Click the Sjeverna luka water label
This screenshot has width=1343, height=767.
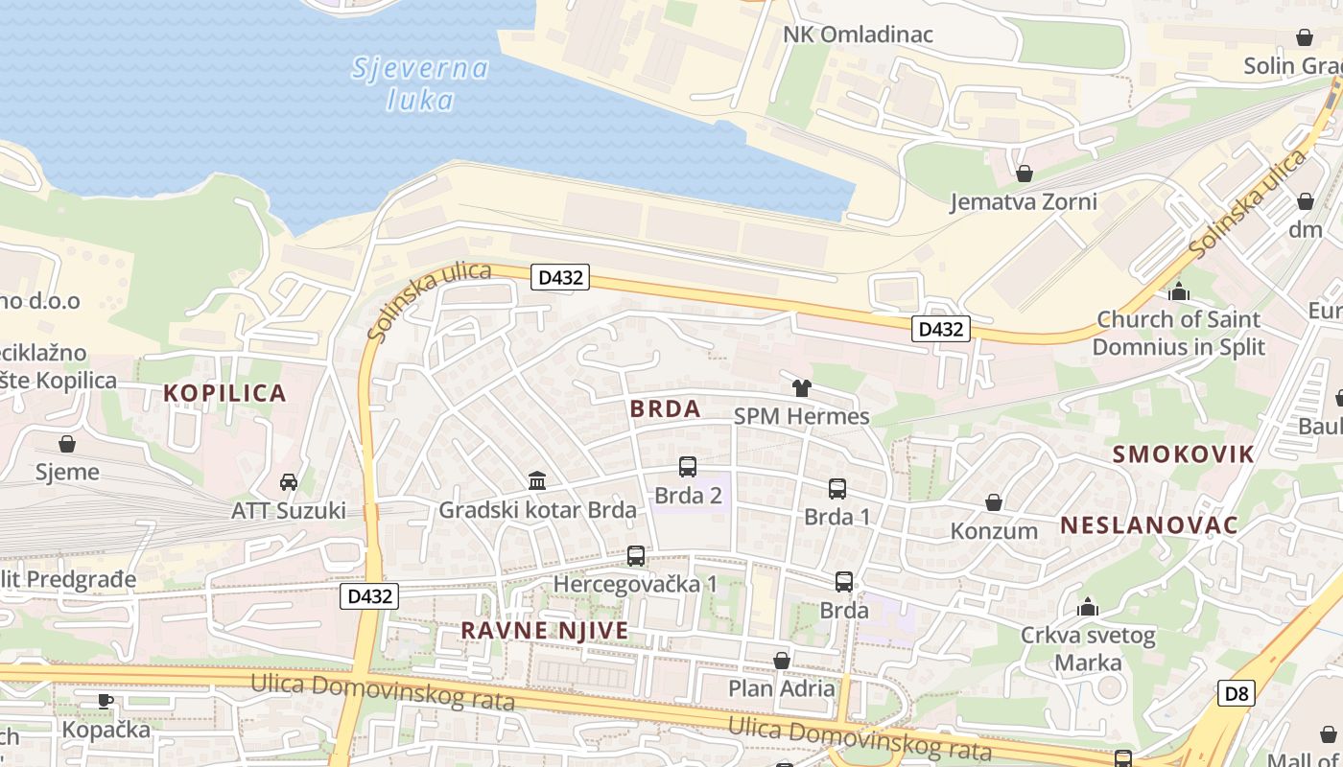pos(420,83)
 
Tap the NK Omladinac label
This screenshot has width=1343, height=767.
pos(858,35)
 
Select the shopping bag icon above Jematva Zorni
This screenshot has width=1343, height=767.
pos(1024,174)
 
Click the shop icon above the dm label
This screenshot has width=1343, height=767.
pos(1305,201)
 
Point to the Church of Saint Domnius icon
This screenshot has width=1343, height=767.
pos(1179,291)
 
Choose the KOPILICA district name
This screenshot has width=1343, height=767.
pos(224,393)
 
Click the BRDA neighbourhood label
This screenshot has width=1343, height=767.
pos(666,408)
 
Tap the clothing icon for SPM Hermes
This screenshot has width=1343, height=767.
pos(801,388)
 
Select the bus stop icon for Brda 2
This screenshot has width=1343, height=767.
pos(687,467)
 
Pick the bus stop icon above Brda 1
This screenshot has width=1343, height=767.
pos(836,489)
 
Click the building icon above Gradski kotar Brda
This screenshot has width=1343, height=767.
pos(537,480)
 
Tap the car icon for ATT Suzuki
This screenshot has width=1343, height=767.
pos(288,481)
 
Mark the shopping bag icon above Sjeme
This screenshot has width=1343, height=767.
pos(67,444)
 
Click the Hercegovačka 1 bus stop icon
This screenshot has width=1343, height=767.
pos(635,555)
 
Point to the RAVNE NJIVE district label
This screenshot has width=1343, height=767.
pos(545,630)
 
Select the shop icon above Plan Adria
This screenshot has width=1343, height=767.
pos(782,660)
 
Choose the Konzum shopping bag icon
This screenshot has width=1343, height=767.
pos(994,502)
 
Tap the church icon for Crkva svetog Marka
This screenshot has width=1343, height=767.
pos(1088,607)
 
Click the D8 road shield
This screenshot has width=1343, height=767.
pos(1236,693)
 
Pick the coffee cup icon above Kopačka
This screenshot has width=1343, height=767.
pos(106,701)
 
